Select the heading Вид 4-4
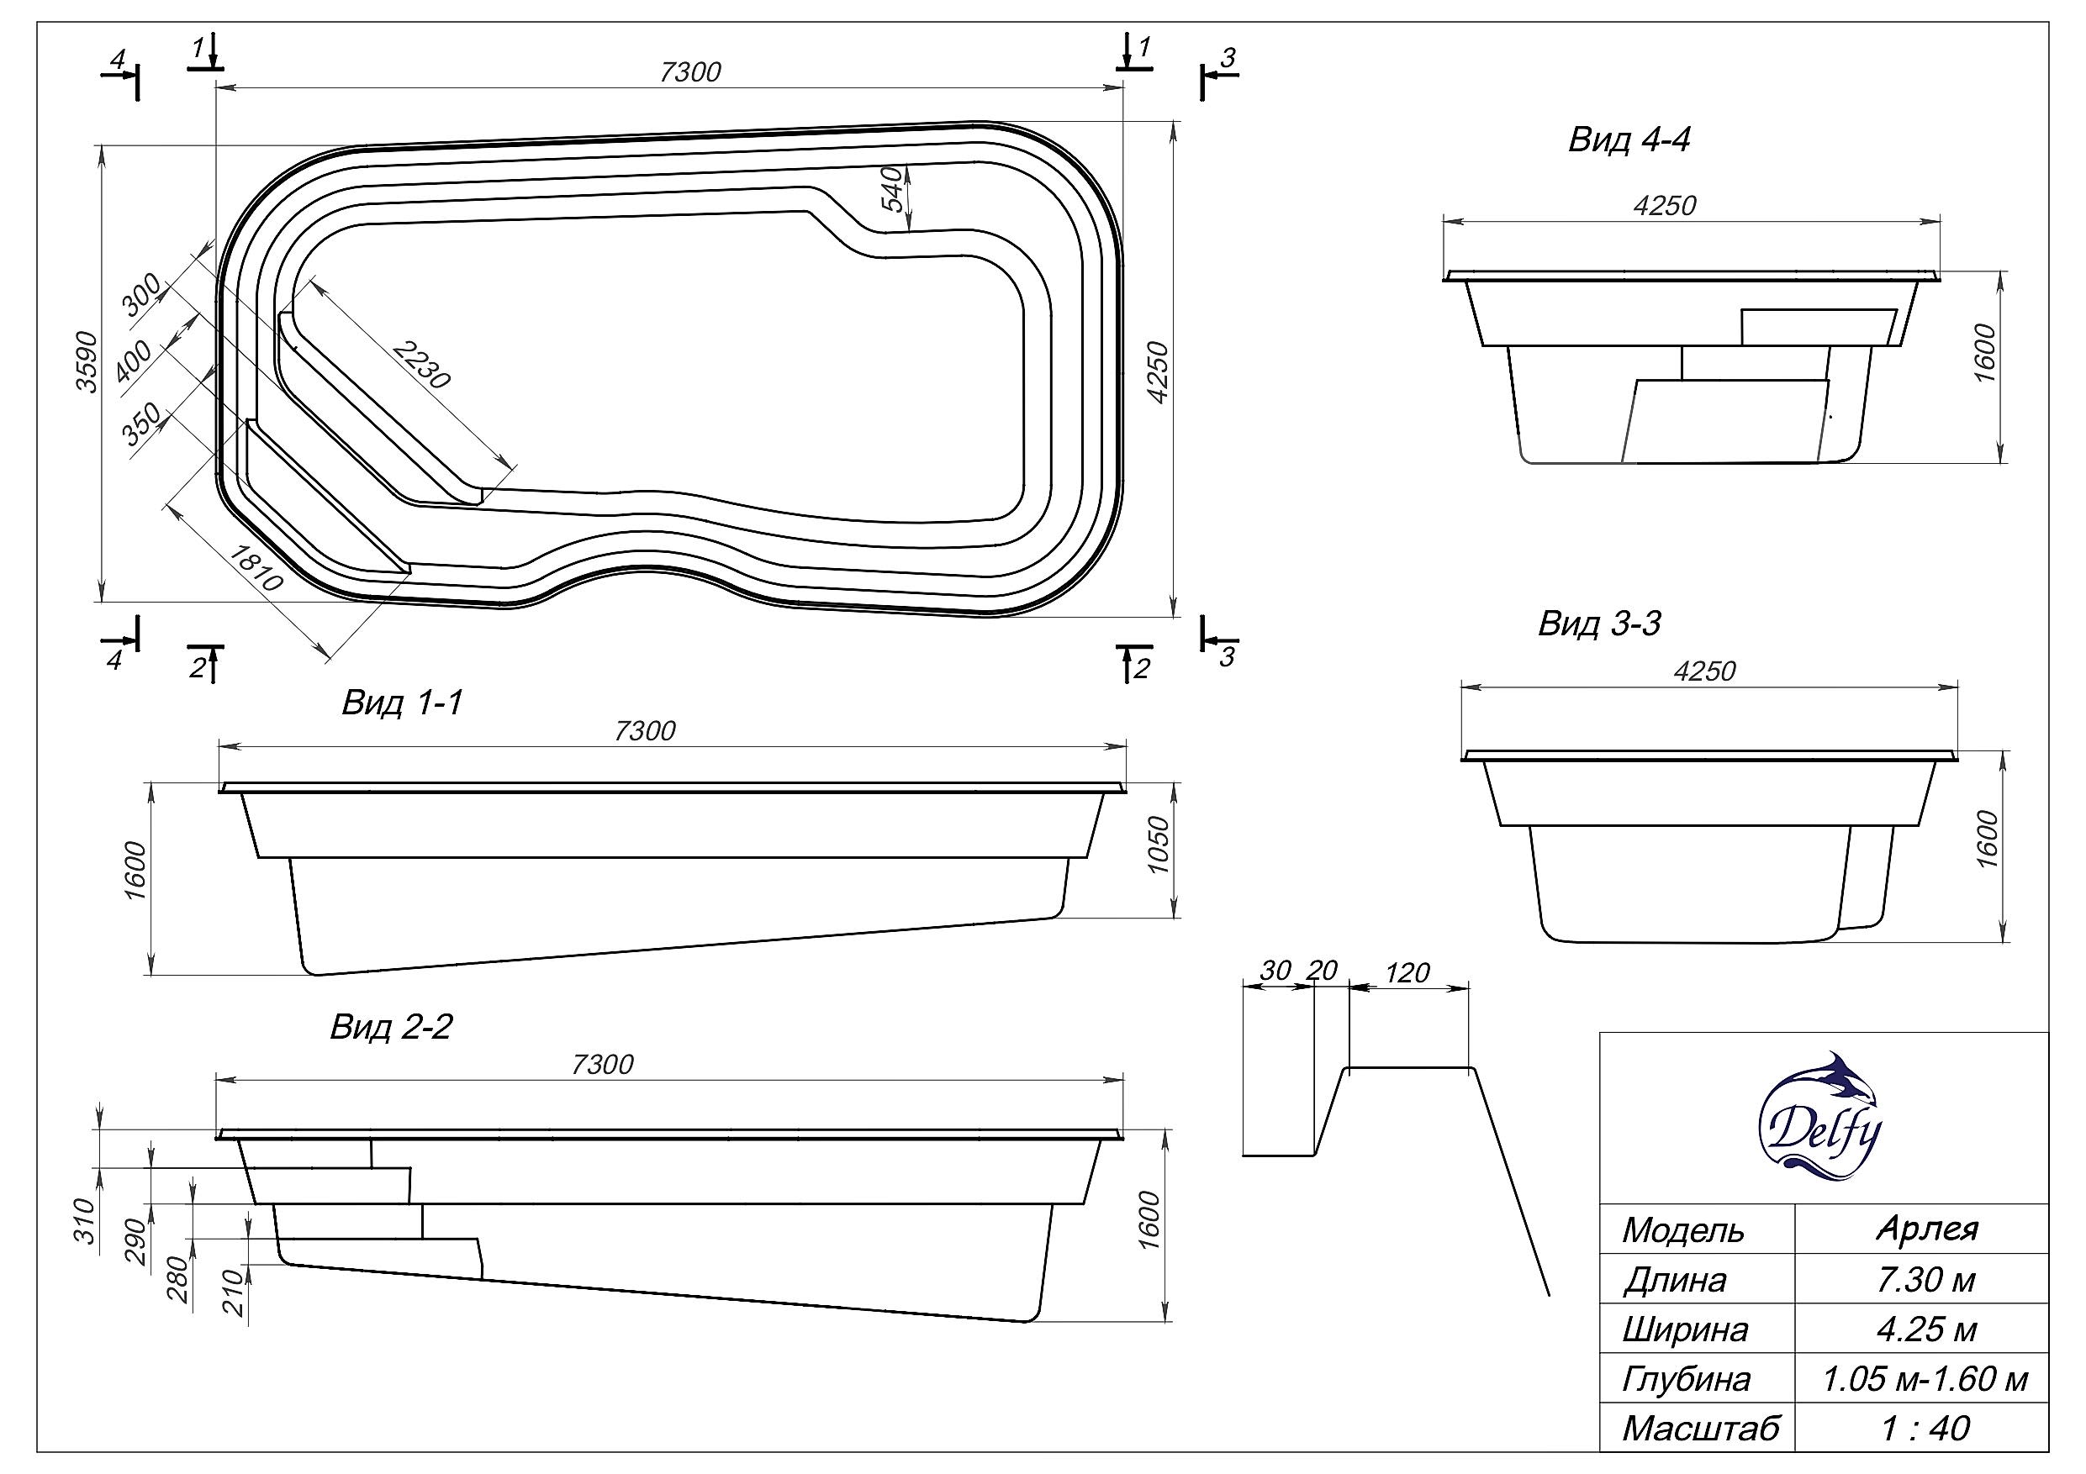click(x=1628, y=141)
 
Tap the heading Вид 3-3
click(x=1599, y=624)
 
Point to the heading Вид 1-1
click(x=403, y=703)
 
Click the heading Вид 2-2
click(x=391, y=1027)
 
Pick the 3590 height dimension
click(x=87, y=361)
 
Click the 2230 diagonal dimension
click(x=421, y=365)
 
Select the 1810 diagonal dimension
click(x=256, y=567)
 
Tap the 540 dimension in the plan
click(x=894, y=188)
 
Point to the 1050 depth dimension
click(x=1159, y=845)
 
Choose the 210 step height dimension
click(x=235, y=1293)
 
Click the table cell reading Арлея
click(x=1927, y=1229)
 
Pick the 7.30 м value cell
click(x=1925, y=1280)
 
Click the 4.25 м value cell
click(x=1925, y=1329)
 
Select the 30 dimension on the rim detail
click(x=1275, y=971)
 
